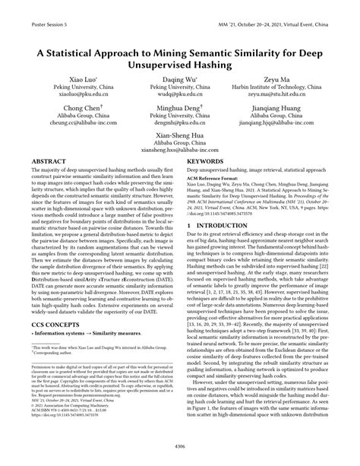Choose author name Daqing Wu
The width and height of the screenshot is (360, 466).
(x=180, y=79)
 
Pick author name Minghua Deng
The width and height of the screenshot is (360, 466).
(x=180, y=109)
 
